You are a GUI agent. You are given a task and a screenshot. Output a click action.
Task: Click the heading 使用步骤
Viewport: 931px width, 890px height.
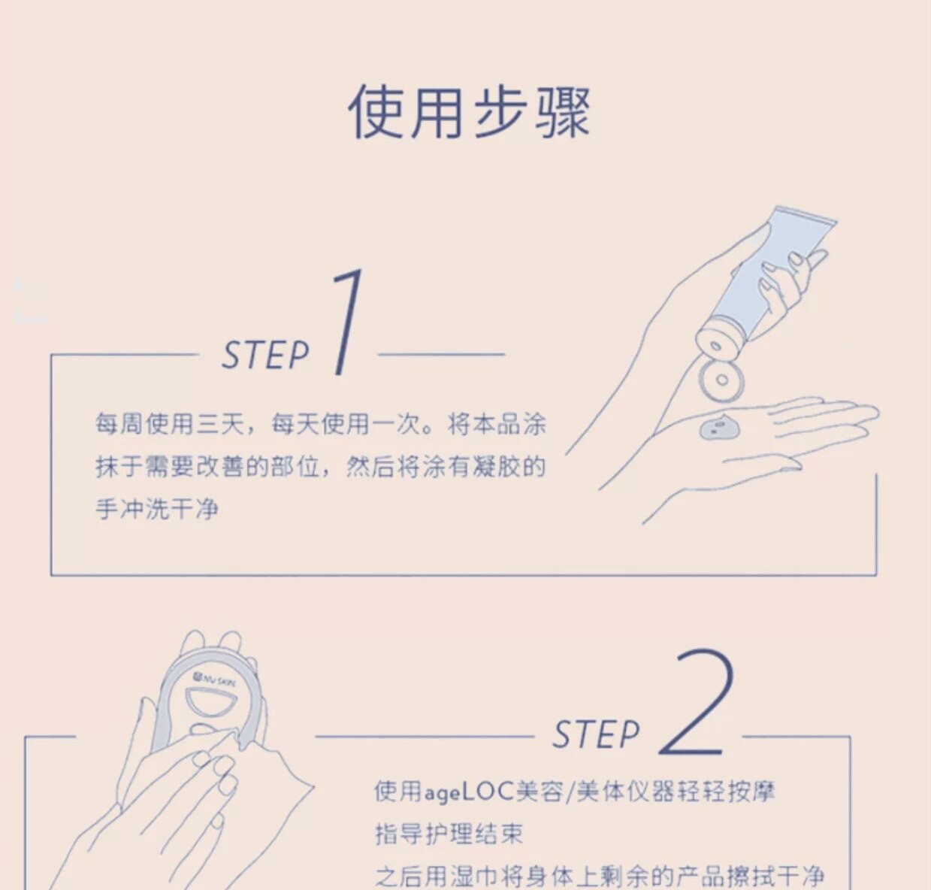coord(470,113)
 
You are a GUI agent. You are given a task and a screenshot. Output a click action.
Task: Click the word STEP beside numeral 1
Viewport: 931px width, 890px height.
coord(264,355)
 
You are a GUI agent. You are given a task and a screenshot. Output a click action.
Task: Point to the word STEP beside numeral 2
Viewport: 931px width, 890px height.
coord(596,734)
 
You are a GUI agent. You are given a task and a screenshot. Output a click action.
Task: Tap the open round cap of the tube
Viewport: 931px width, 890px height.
coord(721,380)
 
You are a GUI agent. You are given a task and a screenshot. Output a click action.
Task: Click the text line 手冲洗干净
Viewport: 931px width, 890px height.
coord(156,508)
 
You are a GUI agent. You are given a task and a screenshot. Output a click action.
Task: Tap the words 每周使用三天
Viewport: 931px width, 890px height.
coord(169,424)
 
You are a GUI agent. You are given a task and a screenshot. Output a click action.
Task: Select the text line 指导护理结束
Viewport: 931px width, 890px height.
coord(449,834)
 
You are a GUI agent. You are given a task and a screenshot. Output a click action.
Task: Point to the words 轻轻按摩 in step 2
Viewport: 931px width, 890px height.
coord(724,792)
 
